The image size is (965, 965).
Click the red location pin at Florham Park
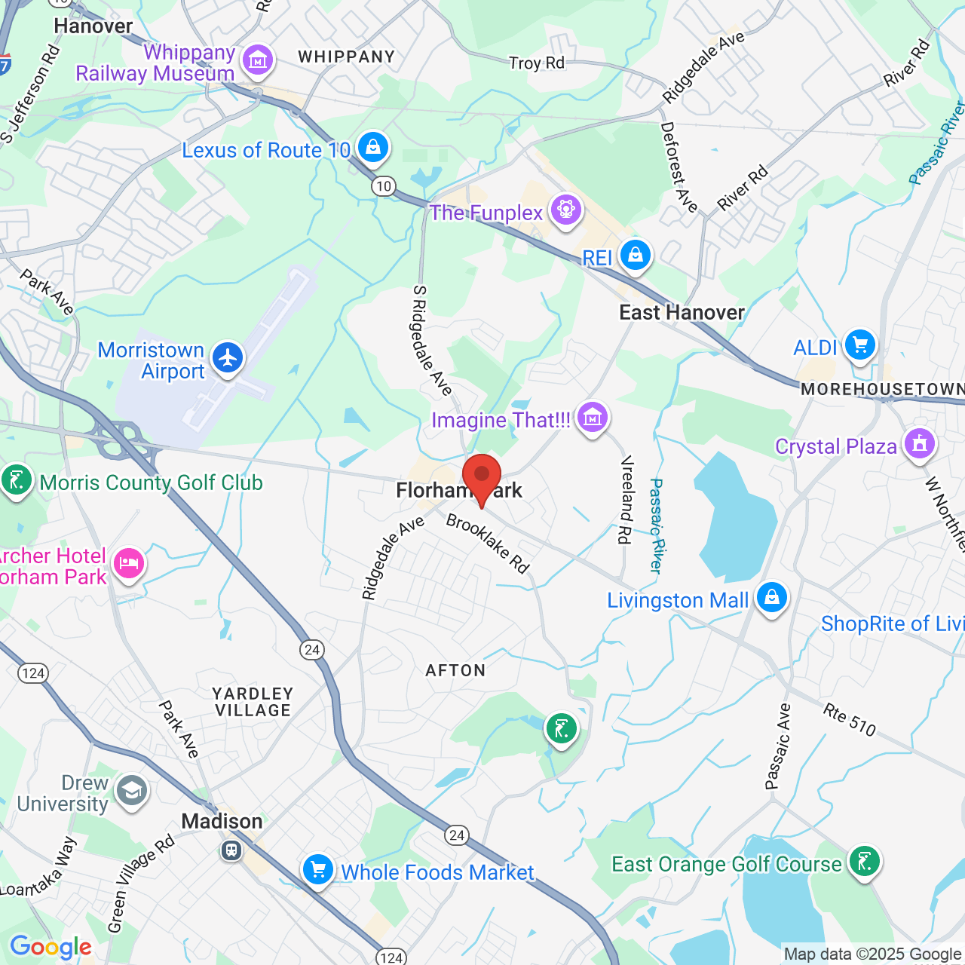click(481, 477)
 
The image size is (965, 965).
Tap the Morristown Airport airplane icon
click(228, 358)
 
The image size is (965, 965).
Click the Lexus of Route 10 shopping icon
click(373, 147)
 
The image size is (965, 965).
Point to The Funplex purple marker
click(566, 209)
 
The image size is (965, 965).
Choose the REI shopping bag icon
click(636, 256)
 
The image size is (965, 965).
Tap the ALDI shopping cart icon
click(859, 345)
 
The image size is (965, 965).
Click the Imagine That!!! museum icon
click(593, 416)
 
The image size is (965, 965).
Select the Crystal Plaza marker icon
click(919, 443)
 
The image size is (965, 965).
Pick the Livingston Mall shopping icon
click(771, 597)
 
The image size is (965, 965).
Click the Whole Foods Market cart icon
click(317, 869)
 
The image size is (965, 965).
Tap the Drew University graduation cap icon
click(132, 791)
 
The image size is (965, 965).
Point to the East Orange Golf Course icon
click(864, 860)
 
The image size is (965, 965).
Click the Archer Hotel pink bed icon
click(128, 563)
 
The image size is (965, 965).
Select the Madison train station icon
click(231, 850)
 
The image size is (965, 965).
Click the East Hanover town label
click(682, 312)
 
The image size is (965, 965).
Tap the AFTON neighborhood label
click(455, 670)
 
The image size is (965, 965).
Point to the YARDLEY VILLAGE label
click(252, 702)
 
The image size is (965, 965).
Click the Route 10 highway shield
click(384, 185)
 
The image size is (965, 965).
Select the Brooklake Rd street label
click(488, 543)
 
